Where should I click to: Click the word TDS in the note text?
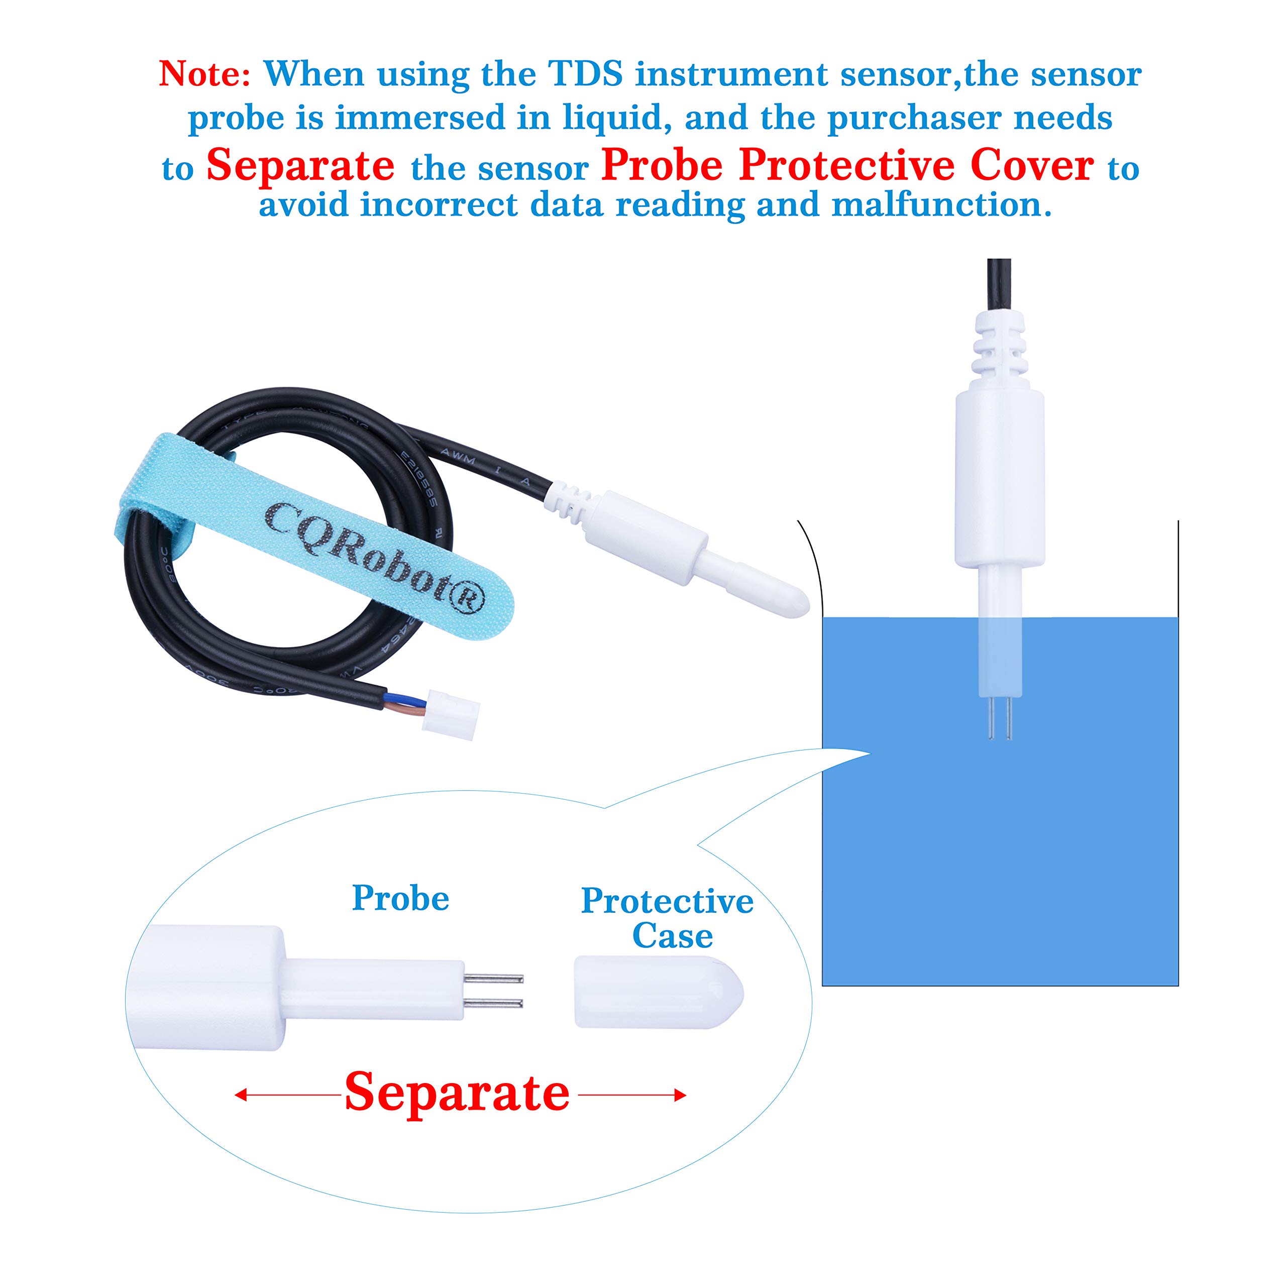click(585, 74)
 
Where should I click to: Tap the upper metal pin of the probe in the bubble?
click(494, 979)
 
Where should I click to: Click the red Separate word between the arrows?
click(457, 1092)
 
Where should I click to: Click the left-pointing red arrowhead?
click(241, 1095)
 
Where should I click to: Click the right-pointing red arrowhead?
click(680, 1095)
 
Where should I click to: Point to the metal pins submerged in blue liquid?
click(1000, 722)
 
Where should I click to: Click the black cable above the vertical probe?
click(999, 283)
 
